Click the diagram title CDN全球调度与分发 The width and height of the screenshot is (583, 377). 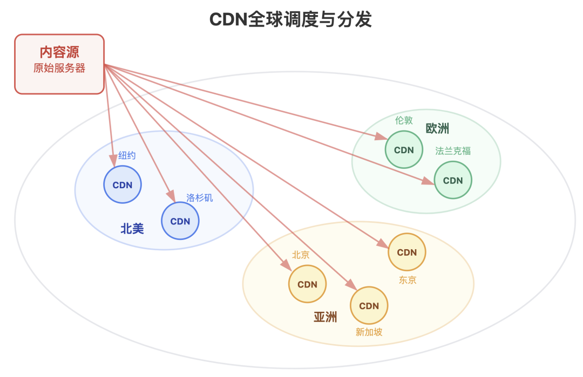tap(290, 19)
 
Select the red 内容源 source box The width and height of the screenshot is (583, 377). tap(59, 64)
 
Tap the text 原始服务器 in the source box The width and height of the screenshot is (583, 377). tap(59, 68)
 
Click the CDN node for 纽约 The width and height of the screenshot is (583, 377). tap(123, 185)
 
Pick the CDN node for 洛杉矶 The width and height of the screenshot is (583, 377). tap(180, 221)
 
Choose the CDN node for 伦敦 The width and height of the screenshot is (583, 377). tap(404, 150)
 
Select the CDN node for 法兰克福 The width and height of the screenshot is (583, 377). tap(453, 180)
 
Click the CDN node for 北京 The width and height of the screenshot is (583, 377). tap(308, 284)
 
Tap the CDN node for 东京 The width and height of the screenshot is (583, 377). tap(407, 252)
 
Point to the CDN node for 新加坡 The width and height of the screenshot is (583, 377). tap(369, 306)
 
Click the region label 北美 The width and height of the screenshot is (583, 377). tap(132, 229)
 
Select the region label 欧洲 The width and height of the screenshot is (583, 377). tap(437, 128)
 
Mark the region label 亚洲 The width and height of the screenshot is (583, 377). tap(326, 317)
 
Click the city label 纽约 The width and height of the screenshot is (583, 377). tap(127, 156)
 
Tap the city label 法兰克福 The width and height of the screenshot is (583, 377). tap(453, 151)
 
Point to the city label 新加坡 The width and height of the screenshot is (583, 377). tap(369, 332)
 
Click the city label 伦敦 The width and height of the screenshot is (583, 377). tap(404, 120)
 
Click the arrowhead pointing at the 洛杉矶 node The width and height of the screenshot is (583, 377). tap(171, 196)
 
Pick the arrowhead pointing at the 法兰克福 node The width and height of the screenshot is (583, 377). tap(429, 182)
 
